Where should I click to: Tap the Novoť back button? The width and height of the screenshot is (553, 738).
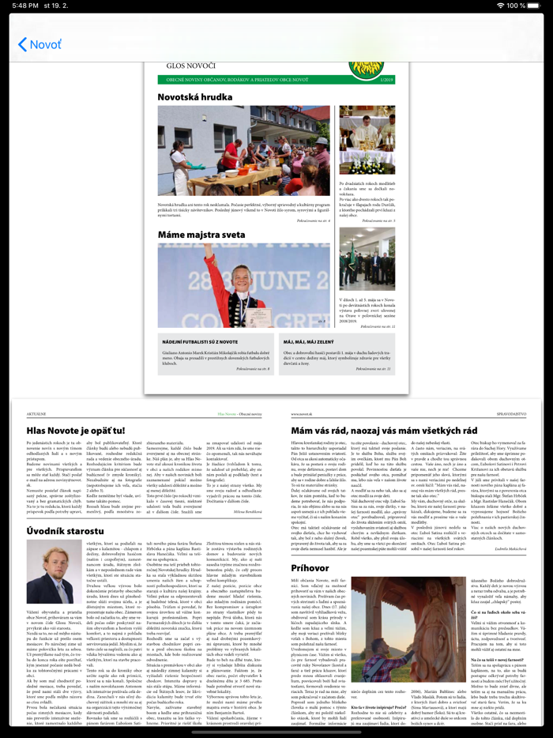pyautogui.click(x=39, y=44)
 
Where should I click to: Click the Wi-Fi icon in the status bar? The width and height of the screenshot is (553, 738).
pyautogui.click(x=500, y=6)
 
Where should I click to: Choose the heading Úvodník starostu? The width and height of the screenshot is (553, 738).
pyautogui.click(x=66, y=531)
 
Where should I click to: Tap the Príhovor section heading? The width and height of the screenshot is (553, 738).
pyautogui.click(x=310, y=567)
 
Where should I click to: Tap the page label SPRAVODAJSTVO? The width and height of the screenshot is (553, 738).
pyautogui.click(x=511, y=413)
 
